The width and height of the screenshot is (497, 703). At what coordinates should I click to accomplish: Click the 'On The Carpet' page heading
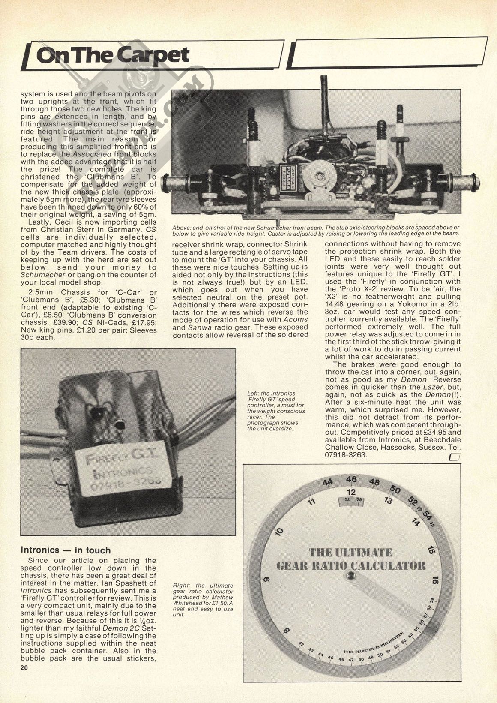coord(113,56)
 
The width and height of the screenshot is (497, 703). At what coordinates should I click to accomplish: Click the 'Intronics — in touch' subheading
coord(66,550)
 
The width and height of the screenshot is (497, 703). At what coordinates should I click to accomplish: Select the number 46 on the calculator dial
coord(351,479)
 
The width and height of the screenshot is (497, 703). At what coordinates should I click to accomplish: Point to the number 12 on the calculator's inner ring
coord(351,492)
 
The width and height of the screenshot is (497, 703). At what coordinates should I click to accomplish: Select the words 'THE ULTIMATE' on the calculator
coord(350,553)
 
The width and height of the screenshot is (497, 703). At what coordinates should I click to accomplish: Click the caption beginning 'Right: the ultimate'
coord(203,600)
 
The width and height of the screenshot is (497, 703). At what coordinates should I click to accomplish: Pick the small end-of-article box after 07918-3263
coord(454,458)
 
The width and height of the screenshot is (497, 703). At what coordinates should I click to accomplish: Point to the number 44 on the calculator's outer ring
coord(328,482)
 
